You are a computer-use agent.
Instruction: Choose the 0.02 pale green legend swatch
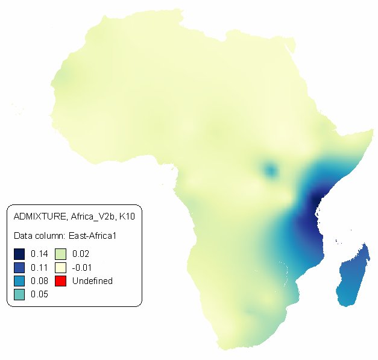(x=61, y=253)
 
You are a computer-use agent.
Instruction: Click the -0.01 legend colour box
(x=61, y=267)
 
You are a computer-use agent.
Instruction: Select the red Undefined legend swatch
(x=61, y=281)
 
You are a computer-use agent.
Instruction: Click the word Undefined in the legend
(x=92, y=281)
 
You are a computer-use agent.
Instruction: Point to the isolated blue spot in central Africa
(x=271, y=171)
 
